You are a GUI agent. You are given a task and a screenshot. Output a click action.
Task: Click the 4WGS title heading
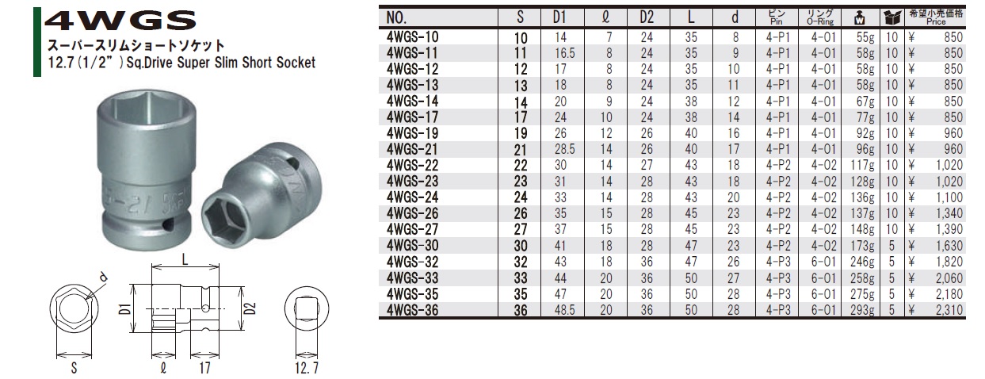click(x=120, y=21)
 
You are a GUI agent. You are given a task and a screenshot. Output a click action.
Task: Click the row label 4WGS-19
click(x=413, y=133)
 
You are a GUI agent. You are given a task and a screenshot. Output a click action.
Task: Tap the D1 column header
click(x=559, y=17)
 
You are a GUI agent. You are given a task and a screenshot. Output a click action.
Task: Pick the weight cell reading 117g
click(x=862, y=166)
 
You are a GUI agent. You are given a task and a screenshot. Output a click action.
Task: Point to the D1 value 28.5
click(x=565, y=149)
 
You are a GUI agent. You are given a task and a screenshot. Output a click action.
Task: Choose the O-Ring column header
click(x=820, y=17)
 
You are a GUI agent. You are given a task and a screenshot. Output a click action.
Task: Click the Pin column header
click(x=777, y=17)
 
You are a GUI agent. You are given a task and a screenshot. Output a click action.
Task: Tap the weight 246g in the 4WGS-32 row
click(x=862, y=262)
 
